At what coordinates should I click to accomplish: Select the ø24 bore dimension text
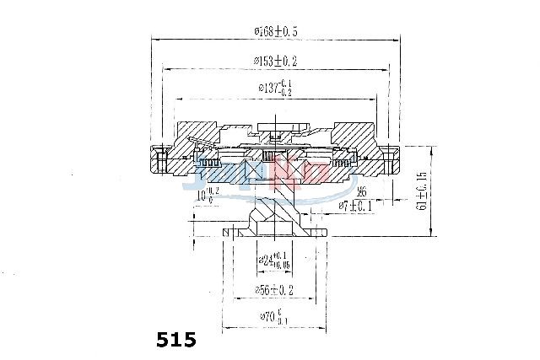(270, 262)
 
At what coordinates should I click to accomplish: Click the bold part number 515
(176, 340)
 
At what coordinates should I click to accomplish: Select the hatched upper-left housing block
(192, 135)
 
